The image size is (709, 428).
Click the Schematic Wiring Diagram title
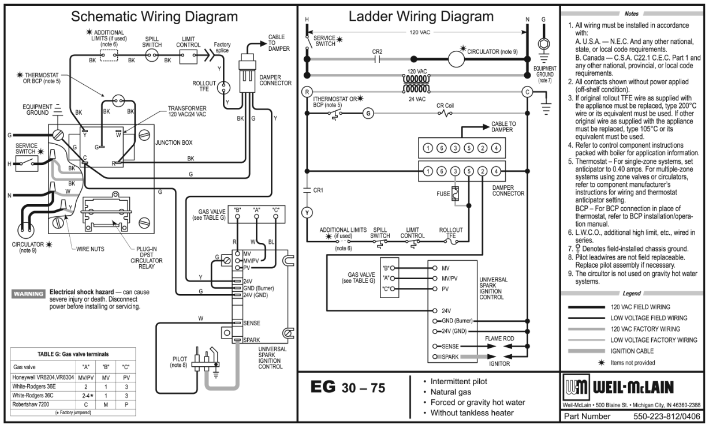coord(154,17)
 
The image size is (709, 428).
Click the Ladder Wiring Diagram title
coord(421,16)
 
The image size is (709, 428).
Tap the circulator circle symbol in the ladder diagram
coord(456,59)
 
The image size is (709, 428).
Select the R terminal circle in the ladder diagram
coord(307,92)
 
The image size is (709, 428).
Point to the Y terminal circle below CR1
coord(307,213)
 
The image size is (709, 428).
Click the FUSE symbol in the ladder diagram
coord(455,194)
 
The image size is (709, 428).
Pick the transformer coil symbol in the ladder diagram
coord(416,84)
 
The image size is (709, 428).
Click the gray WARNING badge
coord(28,294)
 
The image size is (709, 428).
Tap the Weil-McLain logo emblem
coord(576,387)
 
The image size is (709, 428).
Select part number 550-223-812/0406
coord(667,416)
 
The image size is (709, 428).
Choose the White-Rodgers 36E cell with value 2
coord(86,386)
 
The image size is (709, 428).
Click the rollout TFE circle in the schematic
coord(223,88)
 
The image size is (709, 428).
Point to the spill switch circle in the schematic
coord(152,56)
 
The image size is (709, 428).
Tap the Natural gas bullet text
coord(451,392)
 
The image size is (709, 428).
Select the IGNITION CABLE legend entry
coord(632,351)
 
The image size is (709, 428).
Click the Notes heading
coord(632,14)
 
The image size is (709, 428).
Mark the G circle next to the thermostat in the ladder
coord(368,113)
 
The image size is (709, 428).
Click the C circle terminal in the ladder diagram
coord(527,92)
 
